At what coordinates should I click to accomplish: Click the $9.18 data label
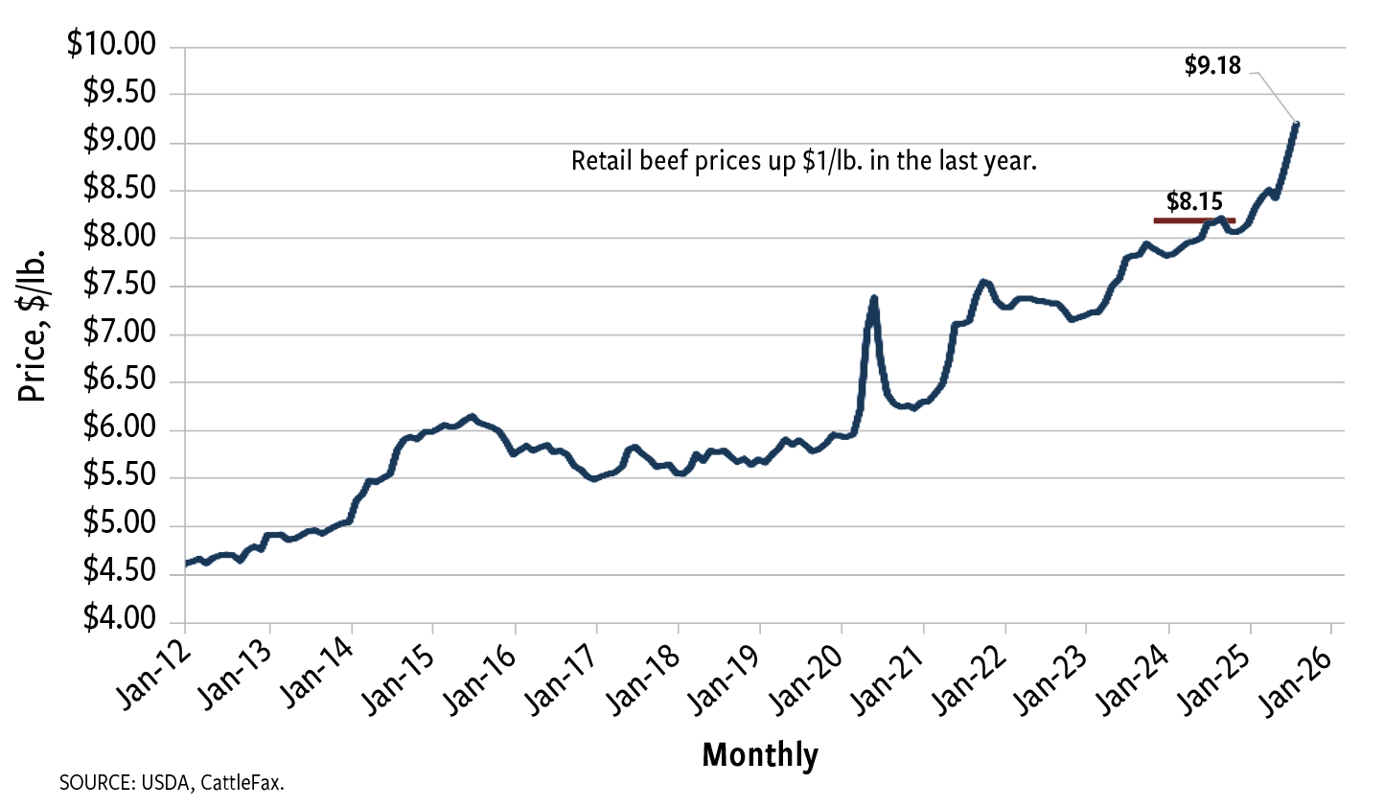tap(1212, 66)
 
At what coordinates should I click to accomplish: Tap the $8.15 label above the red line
tap(1194, 201)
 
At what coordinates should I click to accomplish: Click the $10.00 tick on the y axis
tap(111, 45)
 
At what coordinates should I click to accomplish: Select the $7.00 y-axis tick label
tap(119, 333)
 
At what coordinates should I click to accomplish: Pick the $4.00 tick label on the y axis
tap(119, 619)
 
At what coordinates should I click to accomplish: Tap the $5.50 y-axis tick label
tap(119, 476)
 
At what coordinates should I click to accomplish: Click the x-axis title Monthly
tap(760, 755)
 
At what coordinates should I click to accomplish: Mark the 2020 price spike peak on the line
tap(873, 298)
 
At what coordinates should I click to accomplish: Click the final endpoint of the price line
tap(1296, 124)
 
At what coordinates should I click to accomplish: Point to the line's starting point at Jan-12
tap(185, 564)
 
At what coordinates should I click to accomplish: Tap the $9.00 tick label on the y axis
tap(119, 141)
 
